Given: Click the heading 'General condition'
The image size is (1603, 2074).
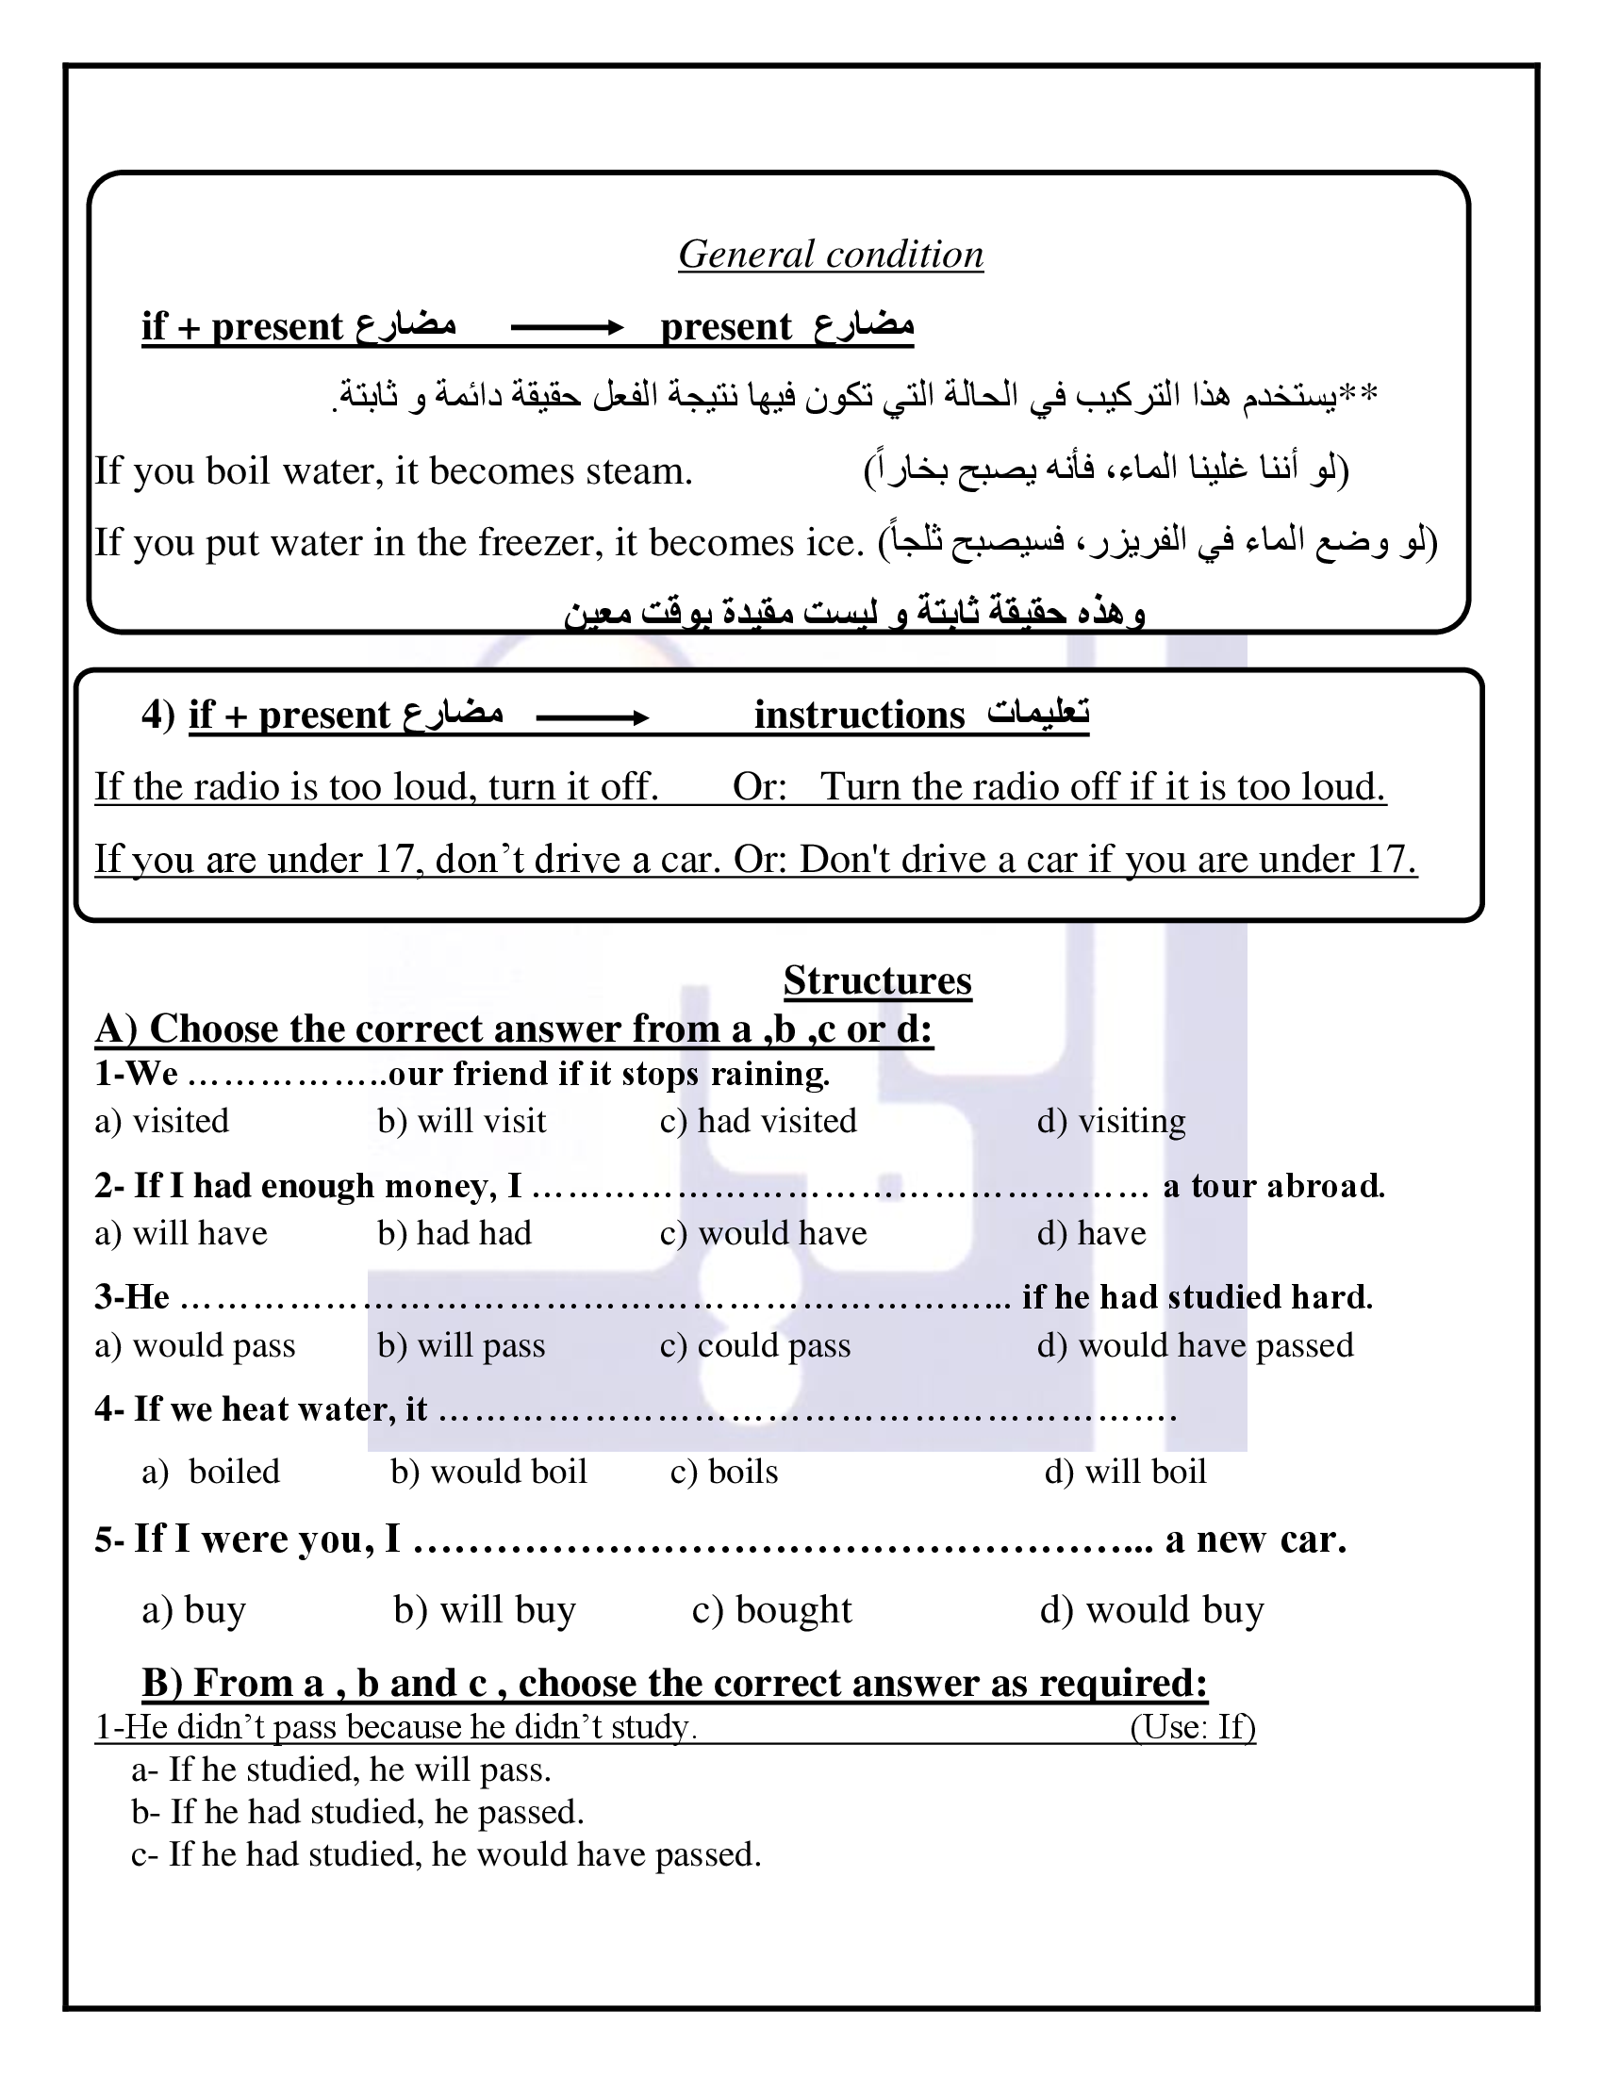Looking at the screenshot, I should [830, 255].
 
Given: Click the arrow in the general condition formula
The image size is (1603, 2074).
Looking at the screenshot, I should [567, 328].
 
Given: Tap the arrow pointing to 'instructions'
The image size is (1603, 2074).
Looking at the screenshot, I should [591, 717].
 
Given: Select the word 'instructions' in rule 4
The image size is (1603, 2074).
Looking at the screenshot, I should [859, 716].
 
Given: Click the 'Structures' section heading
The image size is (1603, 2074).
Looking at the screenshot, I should [877, 980].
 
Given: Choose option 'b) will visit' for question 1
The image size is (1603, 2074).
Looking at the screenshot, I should [461, 1121].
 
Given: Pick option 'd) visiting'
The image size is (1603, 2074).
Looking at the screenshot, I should [1110, 1121].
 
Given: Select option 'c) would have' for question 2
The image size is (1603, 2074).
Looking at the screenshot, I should [763, 1233].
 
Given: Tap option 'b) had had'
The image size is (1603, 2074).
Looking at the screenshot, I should [454, 1233].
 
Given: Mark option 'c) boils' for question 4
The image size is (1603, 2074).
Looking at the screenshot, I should [723, 1472].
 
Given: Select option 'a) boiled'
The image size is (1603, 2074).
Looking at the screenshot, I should [211, 1472].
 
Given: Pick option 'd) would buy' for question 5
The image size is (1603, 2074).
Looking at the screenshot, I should [1151, 1609].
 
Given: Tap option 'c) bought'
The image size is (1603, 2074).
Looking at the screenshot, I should [771, 1609].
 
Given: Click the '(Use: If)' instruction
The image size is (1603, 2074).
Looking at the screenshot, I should [1192, 1726].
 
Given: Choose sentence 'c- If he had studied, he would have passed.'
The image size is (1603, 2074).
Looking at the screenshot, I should [446, 1853].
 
